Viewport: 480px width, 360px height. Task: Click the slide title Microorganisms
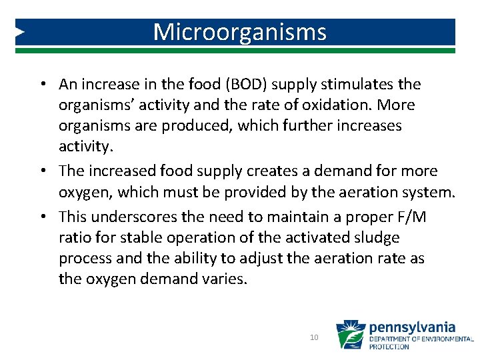pyautogui.click(x=240, y=32)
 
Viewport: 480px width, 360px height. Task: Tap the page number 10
pyautogui.click(x=314, y=338)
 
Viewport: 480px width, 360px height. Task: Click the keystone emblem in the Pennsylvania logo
pyautogui.click(x=351, y=335)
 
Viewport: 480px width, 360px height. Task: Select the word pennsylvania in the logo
pyautogui.click(x=412, y=327)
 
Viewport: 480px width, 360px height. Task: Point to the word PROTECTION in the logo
pyautogui.click(x=389, y=347)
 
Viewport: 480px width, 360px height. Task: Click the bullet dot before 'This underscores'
pyautogui.click(x=41, y=217)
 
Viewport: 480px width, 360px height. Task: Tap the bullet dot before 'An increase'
pyautogui.click(x=41, y=85)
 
